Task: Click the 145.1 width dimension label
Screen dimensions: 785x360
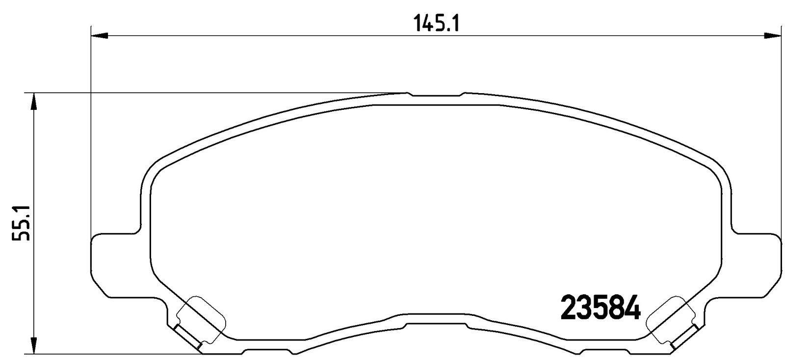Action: click(436, 24)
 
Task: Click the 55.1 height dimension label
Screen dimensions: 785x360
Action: click(21, 223)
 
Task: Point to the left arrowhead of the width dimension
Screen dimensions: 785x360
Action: click(99, 35)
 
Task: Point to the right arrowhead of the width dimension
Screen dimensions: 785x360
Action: click(773, 35)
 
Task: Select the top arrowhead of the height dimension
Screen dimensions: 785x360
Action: click(34, 102)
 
